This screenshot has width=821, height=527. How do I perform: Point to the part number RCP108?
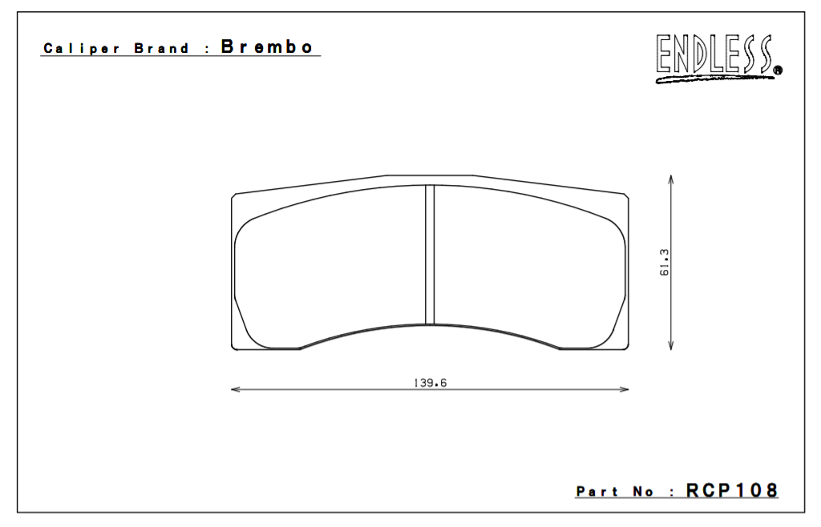(x=731, y=490)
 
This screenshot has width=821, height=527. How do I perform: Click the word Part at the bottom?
(x=597, y=491)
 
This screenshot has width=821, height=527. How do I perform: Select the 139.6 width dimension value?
(x=430, y=383)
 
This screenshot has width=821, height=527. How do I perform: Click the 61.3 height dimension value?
(x=665, y=263)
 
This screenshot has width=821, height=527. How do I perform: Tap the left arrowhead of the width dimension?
(x=235, y=390)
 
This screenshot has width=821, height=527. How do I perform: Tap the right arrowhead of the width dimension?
(x=625, y=390)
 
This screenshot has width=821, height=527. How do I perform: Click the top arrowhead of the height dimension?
(x=670, y=178)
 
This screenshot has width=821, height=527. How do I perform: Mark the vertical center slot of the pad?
(x=429, y=254)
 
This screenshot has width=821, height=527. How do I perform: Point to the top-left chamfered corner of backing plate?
(x=234, y=196)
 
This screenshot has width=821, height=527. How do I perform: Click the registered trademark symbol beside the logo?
(x=779, y=71)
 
